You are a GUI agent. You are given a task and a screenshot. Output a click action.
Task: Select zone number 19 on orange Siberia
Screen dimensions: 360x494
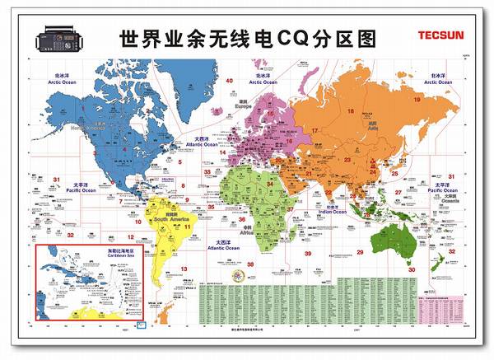[x=417, y=100]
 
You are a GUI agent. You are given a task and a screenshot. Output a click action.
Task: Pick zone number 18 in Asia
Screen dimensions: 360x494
[x=350, y=110]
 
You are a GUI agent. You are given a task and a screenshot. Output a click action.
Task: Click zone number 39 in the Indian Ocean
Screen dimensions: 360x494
[x=307, y=254]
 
